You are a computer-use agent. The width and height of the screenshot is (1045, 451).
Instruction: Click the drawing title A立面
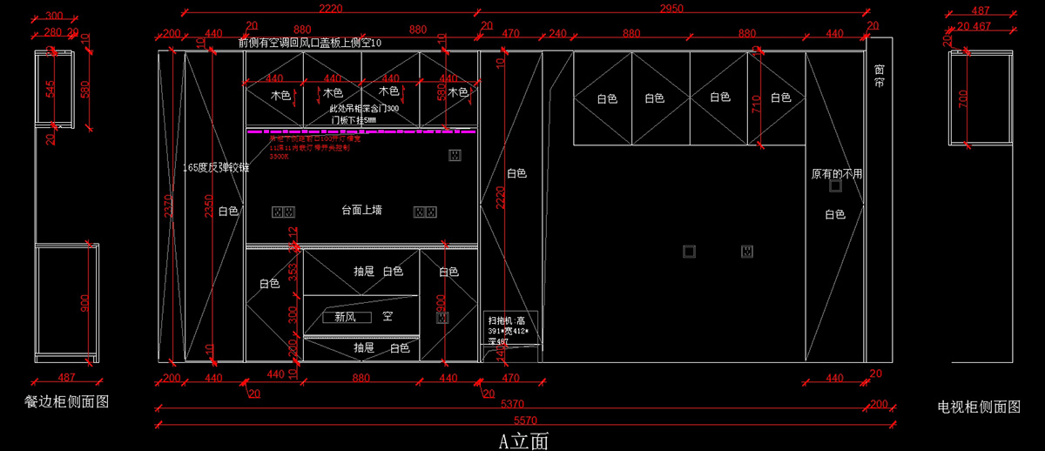click(523, 441)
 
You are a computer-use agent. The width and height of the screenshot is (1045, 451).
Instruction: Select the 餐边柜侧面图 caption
click(67, 401)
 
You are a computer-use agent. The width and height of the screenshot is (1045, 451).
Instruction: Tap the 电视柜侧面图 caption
click(979, 407)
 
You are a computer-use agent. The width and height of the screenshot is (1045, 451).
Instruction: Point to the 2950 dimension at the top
click(671, 9)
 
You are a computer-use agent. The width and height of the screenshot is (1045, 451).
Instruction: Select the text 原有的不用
click(836, 174)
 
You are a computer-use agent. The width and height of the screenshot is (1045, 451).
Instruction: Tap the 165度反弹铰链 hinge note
click(216, 167)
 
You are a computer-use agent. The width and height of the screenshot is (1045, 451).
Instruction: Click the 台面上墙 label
click(361, 210)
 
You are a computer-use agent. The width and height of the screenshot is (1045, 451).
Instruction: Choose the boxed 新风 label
click(347, 317)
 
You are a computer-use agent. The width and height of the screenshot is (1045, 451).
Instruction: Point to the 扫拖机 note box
click(511, 330)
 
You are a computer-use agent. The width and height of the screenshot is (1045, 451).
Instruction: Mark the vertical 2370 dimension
click(168, 209)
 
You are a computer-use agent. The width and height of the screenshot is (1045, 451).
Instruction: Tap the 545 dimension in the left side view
click(51, 89)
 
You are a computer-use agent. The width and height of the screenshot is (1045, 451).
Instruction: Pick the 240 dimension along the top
click(557, 33)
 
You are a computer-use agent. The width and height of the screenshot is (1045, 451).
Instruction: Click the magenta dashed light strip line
click(361, 132)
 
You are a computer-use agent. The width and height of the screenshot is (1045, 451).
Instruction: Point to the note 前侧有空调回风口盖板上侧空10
click(309, 43)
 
